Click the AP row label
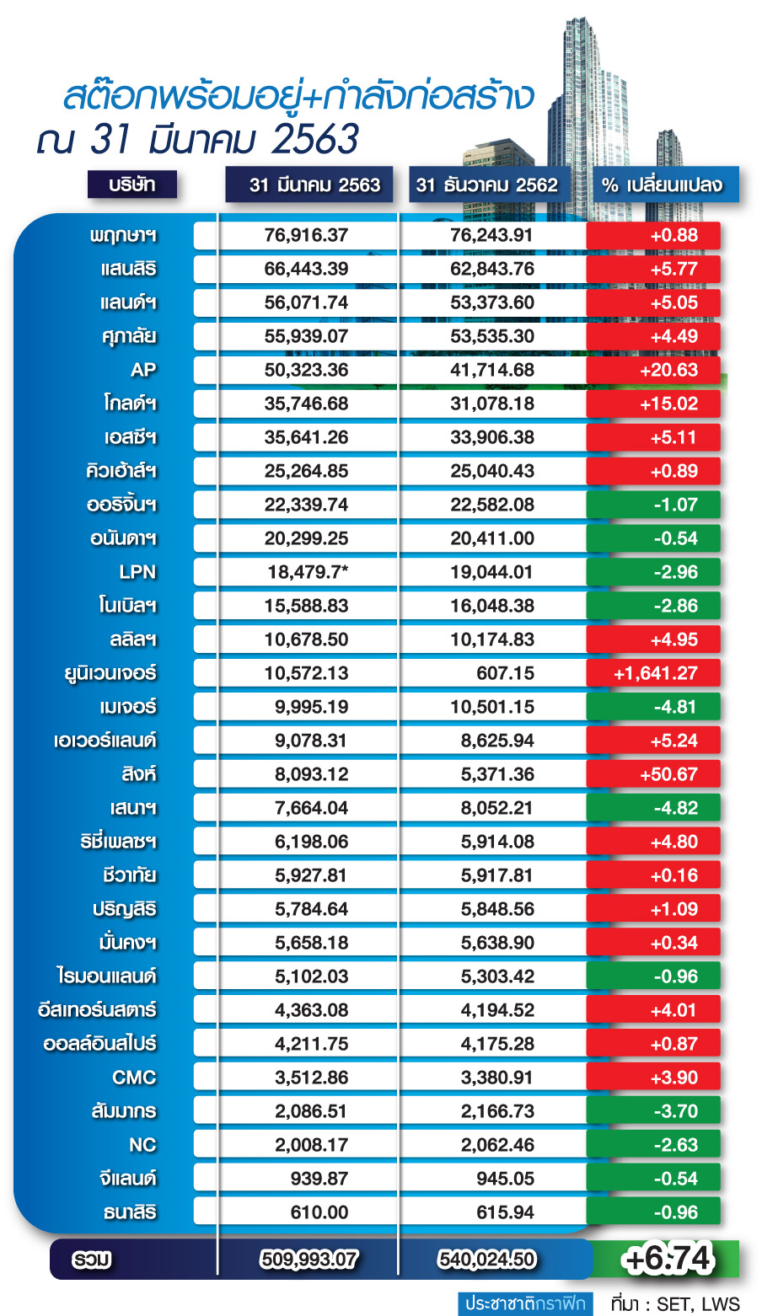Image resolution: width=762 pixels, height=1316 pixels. click(143, 370)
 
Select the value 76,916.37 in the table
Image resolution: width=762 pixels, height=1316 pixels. click(306, 235)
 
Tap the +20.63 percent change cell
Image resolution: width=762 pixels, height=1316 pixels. click(654, 370)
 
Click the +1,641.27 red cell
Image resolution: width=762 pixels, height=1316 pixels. click(654, 673)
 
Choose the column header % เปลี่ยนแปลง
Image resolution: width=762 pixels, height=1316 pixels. click(665, 185)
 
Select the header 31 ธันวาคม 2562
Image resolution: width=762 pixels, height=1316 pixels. click(487, 185)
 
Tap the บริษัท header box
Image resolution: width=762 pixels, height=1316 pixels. click(132, 185)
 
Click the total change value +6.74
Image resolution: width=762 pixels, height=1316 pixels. click(667, 1259)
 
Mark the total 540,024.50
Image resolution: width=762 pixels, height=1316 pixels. click(487, 1260)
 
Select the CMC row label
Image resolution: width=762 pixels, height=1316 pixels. click(134, 1078)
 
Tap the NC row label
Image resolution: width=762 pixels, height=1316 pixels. click(142, 1145)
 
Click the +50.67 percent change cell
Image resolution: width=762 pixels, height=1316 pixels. click(654, 774)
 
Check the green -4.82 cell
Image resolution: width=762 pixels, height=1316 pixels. click(654, 808)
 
